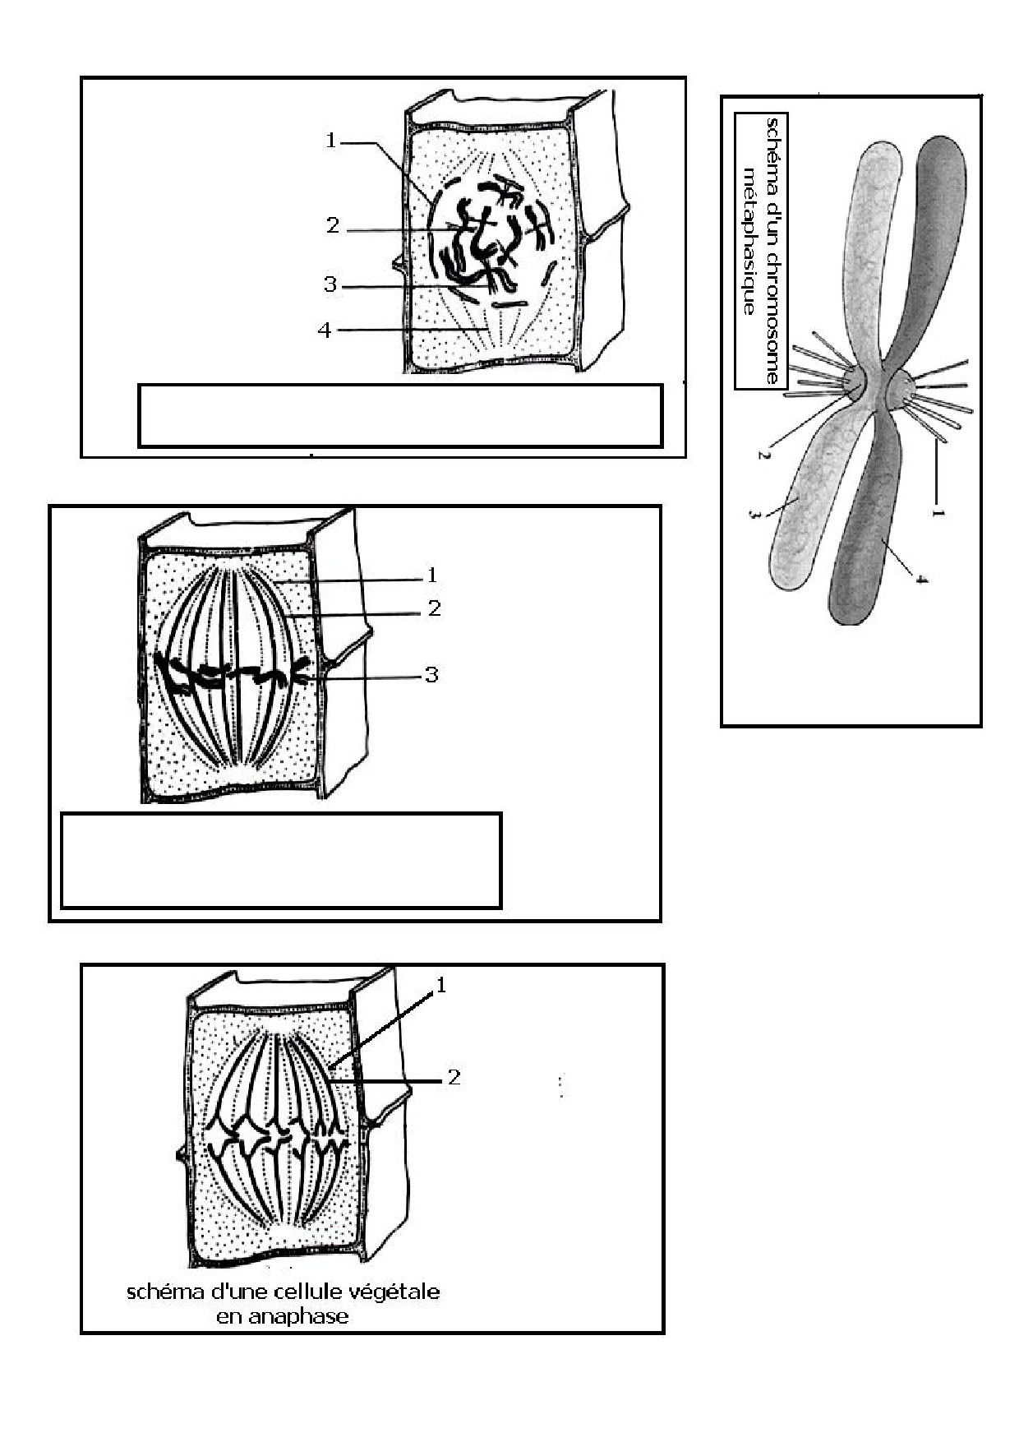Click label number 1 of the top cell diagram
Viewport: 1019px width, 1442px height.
(331, 141)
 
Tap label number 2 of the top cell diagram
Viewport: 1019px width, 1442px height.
(333, 225)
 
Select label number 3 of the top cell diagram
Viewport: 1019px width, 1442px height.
(330, 284)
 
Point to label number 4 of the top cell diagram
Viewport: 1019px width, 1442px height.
(325, 330)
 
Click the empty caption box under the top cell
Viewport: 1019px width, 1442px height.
(400, 415)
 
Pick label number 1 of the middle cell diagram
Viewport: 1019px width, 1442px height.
(432, 575)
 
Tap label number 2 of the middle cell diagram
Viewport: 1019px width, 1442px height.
(435, 608)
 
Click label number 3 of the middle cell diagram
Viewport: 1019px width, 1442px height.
(431, 675)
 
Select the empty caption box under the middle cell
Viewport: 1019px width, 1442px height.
(282, 861)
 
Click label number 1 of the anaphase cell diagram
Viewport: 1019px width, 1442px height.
(441, 985)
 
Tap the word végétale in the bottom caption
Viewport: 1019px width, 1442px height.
(401, 1292)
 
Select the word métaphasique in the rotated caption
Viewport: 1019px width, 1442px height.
(749, 242)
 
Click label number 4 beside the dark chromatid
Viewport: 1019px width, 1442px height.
(921, 578)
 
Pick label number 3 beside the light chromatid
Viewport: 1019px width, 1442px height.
(754, 515)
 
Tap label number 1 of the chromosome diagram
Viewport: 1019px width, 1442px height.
(938, 512)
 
